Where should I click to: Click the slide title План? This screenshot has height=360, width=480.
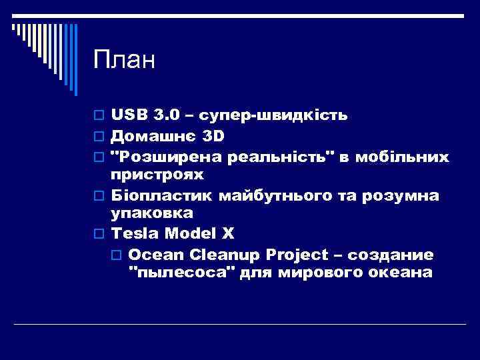124,61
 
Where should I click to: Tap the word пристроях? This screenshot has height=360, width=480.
156,175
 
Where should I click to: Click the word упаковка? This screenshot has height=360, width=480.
152,213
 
